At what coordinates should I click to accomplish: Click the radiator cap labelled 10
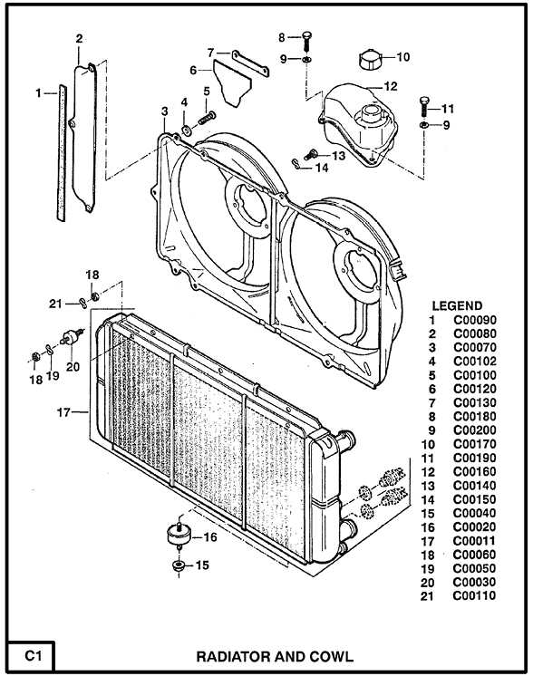click(371, 59)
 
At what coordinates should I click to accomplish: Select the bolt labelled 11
click(424, 106)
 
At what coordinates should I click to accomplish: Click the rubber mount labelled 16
click(179, 534)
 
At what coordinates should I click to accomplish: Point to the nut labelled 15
click(178, 565)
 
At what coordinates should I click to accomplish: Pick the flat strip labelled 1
click(63, 152)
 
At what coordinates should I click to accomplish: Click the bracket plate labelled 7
click(250, 63)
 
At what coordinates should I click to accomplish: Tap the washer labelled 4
click(188, 130)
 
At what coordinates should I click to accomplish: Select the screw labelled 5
click(207, 117)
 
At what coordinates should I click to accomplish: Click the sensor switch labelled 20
click(71, 337)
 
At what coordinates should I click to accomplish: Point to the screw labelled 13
click(310, 154)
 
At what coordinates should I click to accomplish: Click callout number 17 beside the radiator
click(63, 412)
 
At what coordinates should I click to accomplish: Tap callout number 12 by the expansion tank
click(391, 86)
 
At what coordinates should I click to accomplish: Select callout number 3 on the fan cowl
click(165, 111)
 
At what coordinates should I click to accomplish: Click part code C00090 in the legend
click(475, 320)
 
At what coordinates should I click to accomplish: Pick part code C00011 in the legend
click(474, 541)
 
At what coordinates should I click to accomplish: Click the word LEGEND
click(457, 305)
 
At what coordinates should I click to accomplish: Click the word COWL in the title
click(331, 657)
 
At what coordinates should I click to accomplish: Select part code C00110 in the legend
click(474, 596)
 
